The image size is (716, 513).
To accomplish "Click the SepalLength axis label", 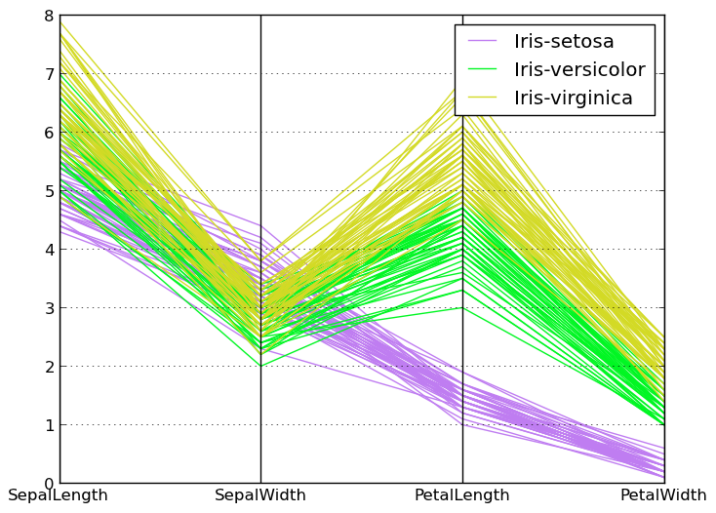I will click(x=58, y=495).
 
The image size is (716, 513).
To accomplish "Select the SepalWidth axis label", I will click(x=260, y=495).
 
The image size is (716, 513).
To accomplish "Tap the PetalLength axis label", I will click(x=461, y=495).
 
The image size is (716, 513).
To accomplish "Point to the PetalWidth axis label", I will click(x=663, y=495).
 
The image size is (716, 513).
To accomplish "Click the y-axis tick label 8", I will click(x=48, y=16).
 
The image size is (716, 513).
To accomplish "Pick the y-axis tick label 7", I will click(x=48, y=74).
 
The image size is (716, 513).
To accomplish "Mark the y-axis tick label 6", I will click(x=48, y=133).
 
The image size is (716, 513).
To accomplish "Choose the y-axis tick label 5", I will click(x=48, y=191).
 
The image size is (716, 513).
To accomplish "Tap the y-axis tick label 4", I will click(x=48, y=250).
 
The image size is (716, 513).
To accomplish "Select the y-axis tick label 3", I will click(x=48, y=308).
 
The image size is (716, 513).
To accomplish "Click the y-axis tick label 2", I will click(x=48, y=367).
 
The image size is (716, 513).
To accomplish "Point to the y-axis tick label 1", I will click(x=48, y=425).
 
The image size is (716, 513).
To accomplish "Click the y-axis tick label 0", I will click(x=48, y=484).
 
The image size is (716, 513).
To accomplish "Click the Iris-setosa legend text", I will click(x=564, y=42).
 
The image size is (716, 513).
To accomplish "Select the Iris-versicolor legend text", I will click(x=579, y=70).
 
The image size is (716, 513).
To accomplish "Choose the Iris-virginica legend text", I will click(x=574, y=99).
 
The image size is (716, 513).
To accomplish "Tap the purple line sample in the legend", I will click(x=483, y=42).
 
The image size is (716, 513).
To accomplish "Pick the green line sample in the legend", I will click(x=483, y=70).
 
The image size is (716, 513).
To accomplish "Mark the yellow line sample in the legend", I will click(x=483, y=99).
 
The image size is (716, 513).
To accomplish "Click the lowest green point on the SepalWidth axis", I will click(x=260, y=366).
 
